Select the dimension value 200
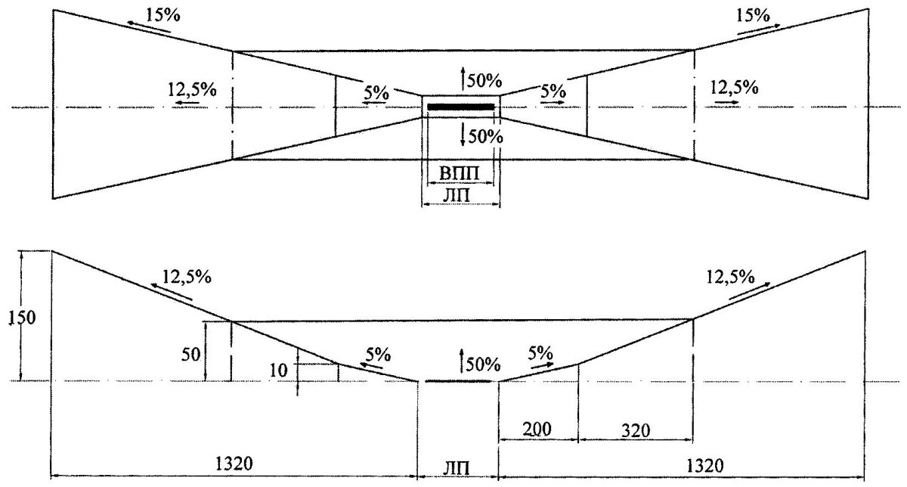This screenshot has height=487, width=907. (x=537, y=429)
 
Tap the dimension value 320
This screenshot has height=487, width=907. (x=636, y=430)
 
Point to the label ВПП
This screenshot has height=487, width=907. (x=460, y=174)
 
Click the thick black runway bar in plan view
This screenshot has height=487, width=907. (x=461, y=107)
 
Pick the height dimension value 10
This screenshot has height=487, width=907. (x=278, y=371)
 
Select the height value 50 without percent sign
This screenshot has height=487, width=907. (x=190, y=355)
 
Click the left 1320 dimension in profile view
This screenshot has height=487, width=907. (x=234, y=464)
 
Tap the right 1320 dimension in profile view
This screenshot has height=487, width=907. (x=705, y=466)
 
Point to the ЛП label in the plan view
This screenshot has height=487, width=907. (x=457, y=196)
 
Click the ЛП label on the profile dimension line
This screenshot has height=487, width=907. (x=457, y=469)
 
